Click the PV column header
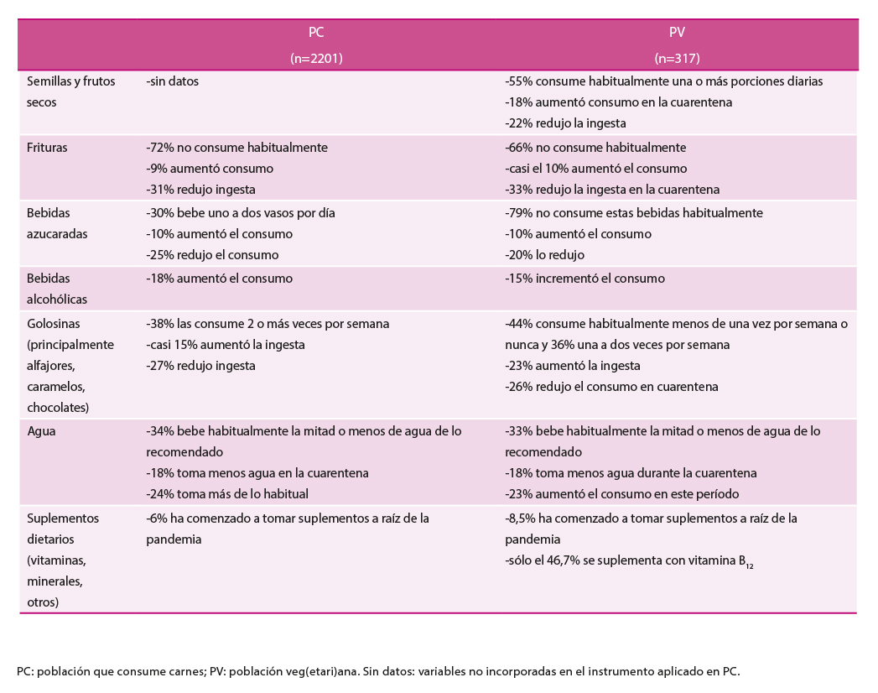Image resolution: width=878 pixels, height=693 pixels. pyautogui.click(x=677, y=34)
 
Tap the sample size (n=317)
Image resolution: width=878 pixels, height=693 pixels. pyautogui.click(x=677, y=59)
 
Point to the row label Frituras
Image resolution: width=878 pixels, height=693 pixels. pyautogui.click(x=47, y=147)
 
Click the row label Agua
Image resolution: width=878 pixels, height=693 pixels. pyautogui.click(x=41, y=430)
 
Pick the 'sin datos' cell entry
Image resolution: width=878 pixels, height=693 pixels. pyautogui.click(x=172, y=81)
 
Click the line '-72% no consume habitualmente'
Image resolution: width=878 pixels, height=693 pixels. pyautogui.click(x=236, y=147)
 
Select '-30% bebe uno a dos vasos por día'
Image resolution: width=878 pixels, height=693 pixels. pyautogui.click(x=240, y=213)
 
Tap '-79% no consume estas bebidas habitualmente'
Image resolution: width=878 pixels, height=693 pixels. pyautogui.click(x=634, y=213)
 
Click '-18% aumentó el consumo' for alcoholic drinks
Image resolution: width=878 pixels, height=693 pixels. pyautogui.click(x=219, y=278)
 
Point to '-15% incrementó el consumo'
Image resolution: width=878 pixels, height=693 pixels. pyautogui.click(x=584, y=278)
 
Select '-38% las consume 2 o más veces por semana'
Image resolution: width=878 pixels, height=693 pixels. pyautogui.click(x=268, y=323)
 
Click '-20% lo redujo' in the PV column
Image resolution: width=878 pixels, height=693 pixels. pyautogui.click(x=545, y=255)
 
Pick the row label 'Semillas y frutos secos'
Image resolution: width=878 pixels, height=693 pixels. pyautogui.click(x=71, y=91)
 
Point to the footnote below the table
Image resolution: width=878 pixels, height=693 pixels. pyautogui.click(x=378, y=671)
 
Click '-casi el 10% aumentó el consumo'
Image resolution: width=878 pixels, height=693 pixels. pyautogui.click(x=595, y=169)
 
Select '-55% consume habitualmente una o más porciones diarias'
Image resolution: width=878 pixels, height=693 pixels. pyautogui.click(x=664, y=81)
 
